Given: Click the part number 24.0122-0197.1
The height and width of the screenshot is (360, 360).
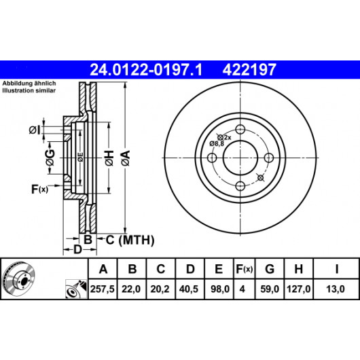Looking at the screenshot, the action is [x=146, y=69].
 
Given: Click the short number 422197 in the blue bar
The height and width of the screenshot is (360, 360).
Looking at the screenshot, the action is [x=249, y=69].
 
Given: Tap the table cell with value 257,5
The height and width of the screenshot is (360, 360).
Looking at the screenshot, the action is [x=103, y=289].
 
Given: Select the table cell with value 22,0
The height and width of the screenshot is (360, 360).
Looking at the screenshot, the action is [x=131, y=289].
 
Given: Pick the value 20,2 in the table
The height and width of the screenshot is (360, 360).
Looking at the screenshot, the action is [x=160, y=289].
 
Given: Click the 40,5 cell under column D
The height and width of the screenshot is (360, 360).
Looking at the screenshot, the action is [x=189, y=289].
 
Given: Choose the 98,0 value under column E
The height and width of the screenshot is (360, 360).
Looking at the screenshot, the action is [x=219, y=289].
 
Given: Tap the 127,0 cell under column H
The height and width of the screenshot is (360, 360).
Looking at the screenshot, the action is [x=298, y=289].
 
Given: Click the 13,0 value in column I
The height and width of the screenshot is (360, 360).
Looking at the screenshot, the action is [x=336, y=289].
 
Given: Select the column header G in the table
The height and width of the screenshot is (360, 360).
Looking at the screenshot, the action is [x=270, y=268].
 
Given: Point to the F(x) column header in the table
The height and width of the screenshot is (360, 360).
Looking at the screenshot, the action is [x=245, y=268].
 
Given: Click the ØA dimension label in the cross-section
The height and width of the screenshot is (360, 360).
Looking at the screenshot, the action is [x=126, y=158].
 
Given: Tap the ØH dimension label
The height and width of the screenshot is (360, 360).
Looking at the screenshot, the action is [x=109, y=158].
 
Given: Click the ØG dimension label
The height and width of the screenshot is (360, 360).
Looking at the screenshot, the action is [x=50, y=158].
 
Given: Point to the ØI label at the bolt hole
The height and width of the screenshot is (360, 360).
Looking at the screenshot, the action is [x=35, y=130].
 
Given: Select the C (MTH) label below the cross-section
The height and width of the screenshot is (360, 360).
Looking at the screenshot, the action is [x=130, y=240].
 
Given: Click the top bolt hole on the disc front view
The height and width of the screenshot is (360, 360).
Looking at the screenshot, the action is [x=240, y=129].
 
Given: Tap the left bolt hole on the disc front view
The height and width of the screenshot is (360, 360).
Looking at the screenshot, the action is [x=212, y=158].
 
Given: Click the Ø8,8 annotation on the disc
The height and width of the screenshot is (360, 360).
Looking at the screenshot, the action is [x=217, y=144].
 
